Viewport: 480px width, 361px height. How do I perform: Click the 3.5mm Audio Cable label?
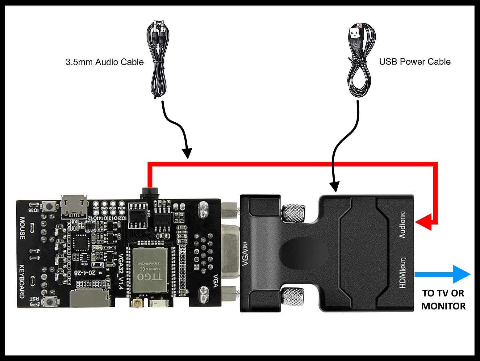point(104,62)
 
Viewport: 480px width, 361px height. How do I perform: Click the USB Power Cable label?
point(415,62)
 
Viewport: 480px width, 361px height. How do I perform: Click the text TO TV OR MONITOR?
point(443,300)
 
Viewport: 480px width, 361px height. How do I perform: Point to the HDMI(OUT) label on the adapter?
point(402,273)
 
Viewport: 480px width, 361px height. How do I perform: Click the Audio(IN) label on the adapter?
point(402,225)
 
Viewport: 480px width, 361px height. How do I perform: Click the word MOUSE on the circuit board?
point(22,228)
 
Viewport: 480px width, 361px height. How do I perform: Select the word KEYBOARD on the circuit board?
point(22,281)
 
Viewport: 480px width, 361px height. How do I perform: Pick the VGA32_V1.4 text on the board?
point(121,272)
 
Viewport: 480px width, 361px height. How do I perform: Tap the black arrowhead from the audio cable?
point(187,153)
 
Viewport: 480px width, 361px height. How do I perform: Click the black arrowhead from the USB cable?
point(334,187)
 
